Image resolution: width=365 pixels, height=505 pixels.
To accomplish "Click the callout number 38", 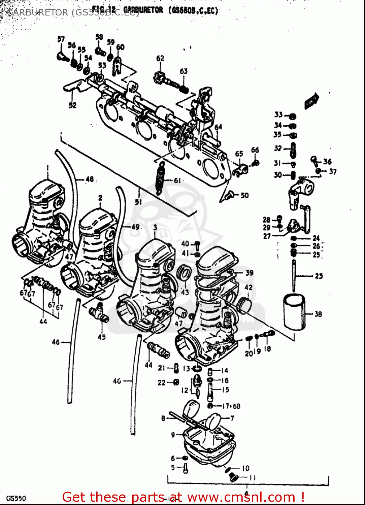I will pos(318,314).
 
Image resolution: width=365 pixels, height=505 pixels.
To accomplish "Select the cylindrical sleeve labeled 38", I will pos(294,312).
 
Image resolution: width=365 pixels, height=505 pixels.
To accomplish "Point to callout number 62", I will pos(160,58).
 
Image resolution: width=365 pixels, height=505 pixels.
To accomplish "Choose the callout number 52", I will pos(72,105).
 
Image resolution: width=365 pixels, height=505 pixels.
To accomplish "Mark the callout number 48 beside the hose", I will pos(90,179).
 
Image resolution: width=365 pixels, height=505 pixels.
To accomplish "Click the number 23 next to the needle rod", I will pos(319,276).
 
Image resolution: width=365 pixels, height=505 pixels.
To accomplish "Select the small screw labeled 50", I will pos(230,194).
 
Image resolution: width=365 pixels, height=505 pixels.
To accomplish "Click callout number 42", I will pos(248,288).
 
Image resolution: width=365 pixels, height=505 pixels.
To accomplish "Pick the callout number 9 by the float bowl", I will pos(173,435).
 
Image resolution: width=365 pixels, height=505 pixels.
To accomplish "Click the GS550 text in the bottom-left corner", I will pos(16,498).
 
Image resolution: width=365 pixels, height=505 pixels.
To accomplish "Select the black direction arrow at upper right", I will pos(311,100).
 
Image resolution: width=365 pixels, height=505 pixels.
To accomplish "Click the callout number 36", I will pos(327,162).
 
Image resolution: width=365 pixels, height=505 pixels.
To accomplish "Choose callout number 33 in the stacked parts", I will pos(278,115).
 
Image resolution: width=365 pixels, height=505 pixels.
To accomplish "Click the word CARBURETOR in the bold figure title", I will pos(143,10).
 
